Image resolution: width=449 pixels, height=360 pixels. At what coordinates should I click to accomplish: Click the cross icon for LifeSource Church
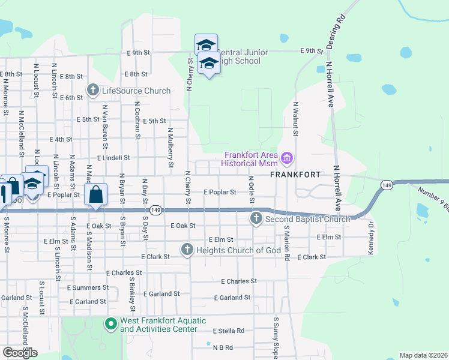(93, 91)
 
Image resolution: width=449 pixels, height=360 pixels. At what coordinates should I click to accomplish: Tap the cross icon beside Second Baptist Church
(256, 219)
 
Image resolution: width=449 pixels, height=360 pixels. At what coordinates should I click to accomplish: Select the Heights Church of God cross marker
(187, 250)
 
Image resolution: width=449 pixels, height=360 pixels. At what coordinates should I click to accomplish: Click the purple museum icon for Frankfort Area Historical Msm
(287, 159)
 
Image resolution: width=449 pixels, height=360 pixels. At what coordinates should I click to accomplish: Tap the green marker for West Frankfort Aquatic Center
(110, 325)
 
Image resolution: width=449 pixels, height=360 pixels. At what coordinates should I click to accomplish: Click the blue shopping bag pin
(96, 195)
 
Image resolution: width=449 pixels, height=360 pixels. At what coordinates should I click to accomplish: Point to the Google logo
(20, 352)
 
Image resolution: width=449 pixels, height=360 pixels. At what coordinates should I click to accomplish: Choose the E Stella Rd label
(229, 331)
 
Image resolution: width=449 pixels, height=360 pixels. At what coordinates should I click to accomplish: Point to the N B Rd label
(222, 347)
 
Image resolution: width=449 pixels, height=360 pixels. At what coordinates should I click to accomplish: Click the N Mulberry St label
(170, 148)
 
